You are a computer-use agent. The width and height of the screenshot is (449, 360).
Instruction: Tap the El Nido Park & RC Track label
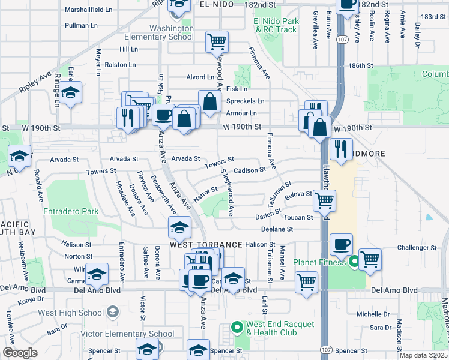tap(275, 25)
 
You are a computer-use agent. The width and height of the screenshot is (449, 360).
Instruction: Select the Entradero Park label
tap(70, 211)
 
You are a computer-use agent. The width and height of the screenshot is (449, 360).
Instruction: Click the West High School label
tap(70, 312)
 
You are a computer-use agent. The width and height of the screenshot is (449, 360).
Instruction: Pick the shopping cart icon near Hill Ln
tap(217, 41)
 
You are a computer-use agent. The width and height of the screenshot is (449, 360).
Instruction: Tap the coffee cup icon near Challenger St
tap(341, 244)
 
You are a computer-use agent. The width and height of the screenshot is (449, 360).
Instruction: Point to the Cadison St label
tap(250, 170)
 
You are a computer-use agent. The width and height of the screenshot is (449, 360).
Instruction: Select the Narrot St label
tap(205, 190)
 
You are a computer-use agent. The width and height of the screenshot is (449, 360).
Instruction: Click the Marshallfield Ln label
tap(88, 10)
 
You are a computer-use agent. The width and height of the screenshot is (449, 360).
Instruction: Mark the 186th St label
tap(362, 65)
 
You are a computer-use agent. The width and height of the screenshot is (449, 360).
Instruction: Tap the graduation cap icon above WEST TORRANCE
tap(179, 227)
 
